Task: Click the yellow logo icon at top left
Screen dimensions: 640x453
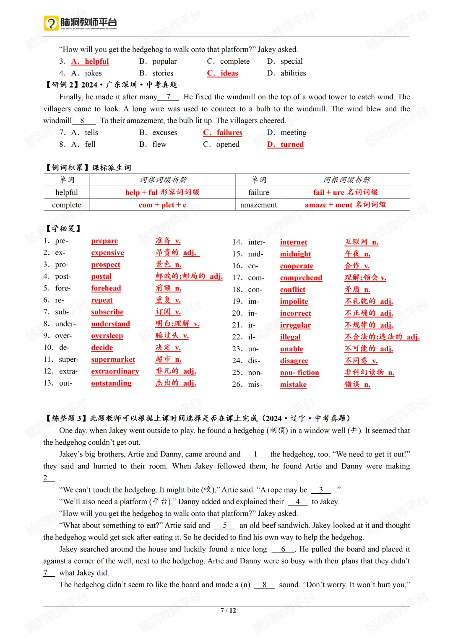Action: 51,23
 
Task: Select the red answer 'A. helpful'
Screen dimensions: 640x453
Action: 90,61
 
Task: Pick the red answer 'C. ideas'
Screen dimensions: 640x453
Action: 222,73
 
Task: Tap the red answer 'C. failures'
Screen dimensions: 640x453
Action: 223,132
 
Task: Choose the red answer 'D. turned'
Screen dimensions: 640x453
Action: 285,144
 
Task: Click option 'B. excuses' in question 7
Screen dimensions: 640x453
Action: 158,132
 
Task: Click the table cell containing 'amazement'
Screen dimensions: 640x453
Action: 258,205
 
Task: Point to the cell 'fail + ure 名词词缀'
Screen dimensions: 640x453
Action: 345,192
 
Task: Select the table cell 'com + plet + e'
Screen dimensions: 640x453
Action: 162,205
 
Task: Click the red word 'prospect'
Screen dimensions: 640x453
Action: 106,264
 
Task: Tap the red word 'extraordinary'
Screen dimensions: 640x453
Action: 115,371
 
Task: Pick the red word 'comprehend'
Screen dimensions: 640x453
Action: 301,277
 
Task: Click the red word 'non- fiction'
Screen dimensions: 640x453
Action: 299,373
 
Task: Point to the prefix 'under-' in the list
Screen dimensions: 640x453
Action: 65,324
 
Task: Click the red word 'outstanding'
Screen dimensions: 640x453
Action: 111,383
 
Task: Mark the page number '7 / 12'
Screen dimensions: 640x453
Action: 228,610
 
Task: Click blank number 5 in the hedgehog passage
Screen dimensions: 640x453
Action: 225,525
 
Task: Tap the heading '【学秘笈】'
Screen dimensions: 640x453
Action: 63,228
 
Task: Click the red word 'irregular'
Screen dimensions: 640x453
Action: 295,325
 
